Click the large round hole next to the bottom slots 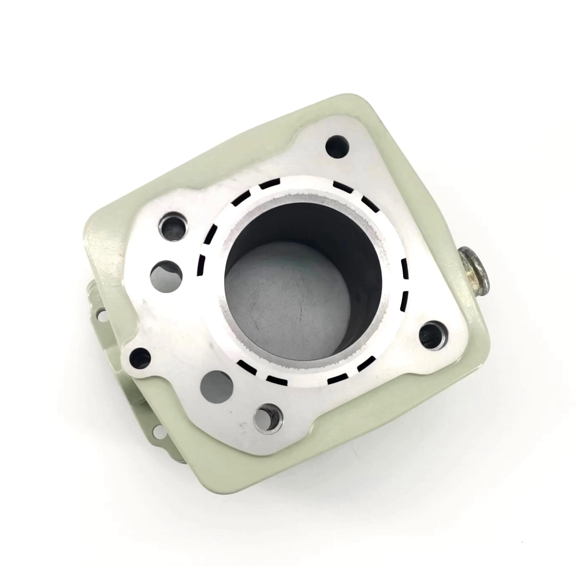coord(216,387)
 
